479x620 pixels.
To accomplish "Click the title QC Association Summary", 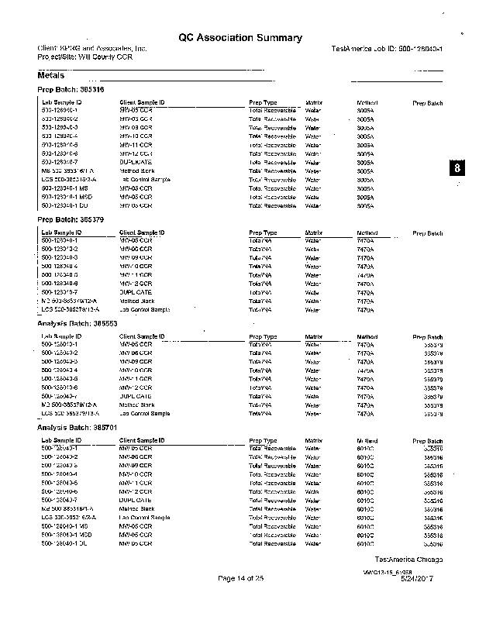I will [239, 37].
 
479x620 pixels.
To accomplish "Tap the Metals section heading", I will [50, 76].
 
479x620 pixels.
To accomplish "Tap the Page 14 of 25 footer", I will [241, 578].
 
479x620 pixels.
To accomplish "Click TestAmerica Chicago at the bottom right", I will [408, 559].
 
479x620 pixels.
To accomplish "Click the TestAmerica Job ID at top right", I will [386, 49].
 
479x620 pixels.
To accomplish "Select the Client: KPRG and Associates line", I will [91, 49].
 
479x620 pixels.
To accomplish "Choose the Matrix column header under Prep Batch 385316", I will [314, 102].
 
